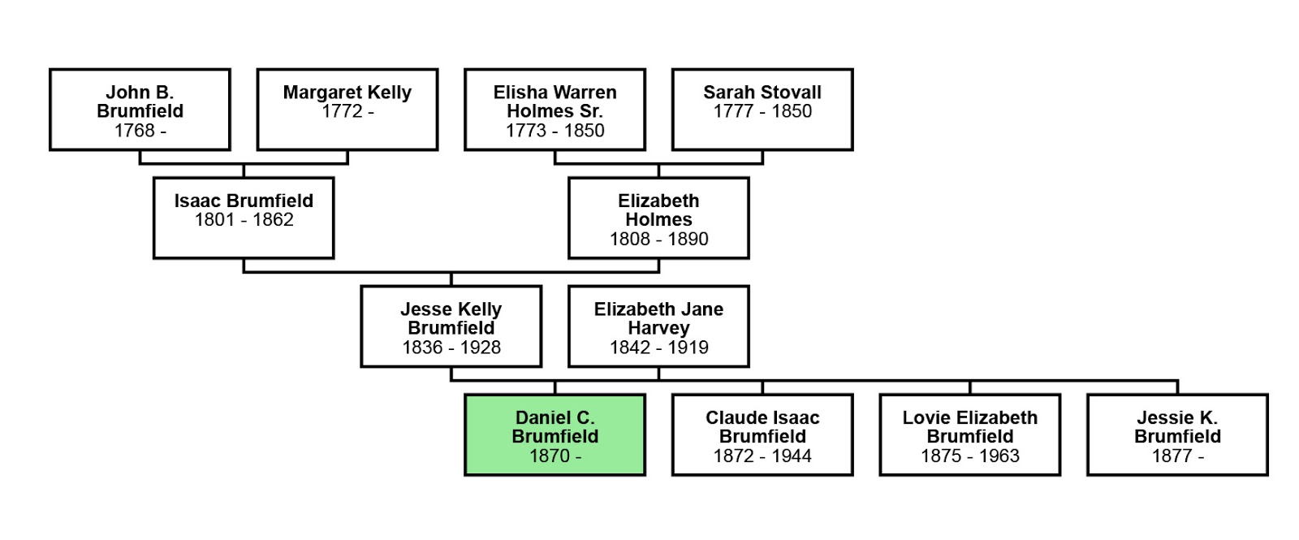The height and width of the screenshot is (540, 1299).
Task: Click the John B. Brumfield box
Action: click(140, 110)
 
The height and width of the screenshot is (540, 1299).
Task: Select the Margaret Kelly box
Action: click(347, 110)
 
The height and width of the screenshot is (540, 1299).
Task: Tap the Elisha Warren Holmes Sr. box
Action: click(555, 110)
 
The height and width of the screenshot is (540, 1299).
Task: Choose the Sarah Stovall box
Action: click(762, 110)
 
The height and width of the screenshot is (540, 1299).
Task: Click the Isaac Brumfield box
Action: click(244, 218)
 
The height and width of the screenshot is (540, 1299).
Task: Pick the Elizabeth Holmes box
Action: click(658, 218)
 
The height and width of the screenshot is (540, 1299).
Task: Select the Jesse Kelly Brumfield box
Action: click(451, 326)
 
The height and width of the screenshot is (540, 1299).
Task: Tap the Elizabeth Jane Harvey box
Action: click(658, 326)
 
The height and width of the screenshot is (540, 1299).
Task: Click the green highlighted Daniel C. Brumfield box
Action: click(555, 435)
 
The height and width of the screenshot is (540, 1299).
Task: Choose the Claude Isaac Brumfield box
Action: click(762, 435)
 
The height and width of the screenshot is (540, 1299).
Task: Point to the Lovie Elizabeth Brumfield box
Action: click(969, 435)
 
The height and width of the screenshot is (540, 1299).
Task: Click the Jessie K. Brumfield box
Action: click(1177, 435)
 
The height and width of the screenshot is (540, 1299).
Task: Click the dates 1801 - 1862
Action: click(244, 220)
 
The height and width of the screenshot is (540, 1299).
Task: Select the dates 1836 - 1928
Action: click(451, 348)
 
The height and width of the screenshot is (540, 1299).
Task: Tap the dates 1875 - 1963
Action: click(969, 456)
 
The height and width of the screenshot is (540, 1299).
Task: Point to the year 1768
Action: click(134, 131)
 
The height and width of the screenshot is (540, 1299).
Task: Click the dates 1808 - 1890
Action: click(658, 240)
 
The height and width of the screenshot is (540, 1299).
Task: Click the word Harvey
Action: click(658, 328)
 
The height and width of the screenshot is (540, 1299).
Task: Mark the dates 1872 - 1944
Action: click(762, 456)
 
